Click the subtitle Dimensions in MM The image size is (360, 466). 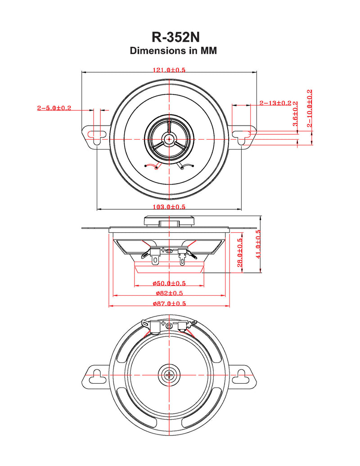[x=173, y=51]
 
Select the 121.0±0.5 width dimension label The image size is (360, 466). [x=169, y=70]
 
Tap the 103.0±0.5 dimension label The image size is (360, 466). [x=169, y=207]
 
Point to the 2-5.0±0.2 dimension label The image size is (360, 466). [x=54, y=108]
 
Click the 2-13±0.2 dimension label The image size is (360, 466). [x=275, y=103]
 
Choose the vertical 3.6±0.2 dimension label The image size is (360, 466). [x=295, y=114]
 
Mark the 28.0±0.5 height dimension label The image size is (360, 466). [x=240, y=252]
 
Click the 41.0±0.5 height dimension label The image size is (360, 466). [x=258, y=246]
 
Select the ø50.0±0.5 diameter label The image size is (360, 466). [x=169, y=284]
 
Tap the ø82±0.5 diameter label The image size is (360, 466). [x=169, y=293]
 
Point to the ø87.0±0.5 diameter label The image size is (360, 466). [x=169, y=304]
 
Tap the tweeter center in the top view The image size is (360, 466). [x=169, y=139]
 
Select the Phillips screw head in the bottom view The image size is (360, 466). [x=169, y=375]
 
